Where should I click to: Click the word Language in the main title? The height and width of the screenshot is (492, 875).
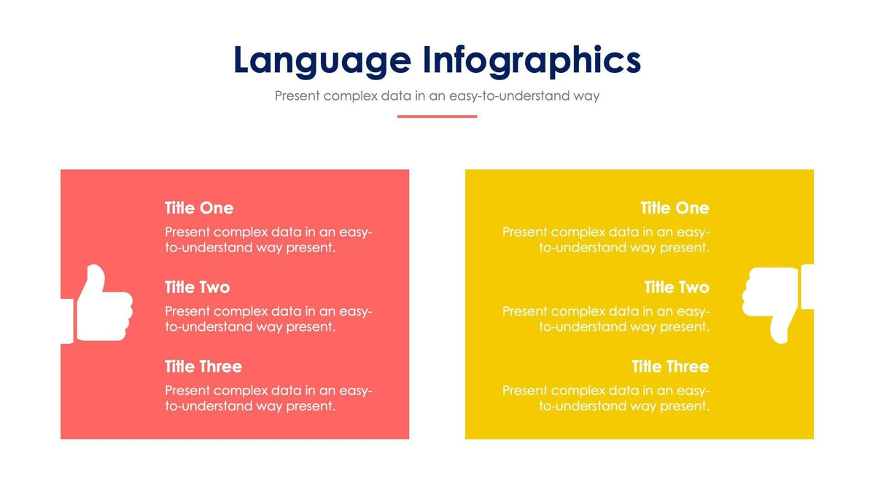pyautogui.click(x=322, y=60)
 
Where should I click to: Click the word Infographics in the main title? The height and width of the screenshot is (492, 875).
pyautogui.click(x=532, y=60)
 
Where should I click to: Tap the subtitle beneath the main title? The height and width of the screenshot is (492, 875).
pyautogui.click(x=437, y=95)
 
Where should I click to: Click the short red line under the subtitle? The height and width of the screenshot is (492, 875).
pyautogui.click(x=437, y=116)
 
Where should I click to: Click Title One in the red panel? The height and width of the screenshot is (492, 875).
pyautogui.click(x=199, y=208)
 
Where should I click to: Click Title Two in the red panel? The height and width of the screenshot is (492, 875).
pyautogui.click(x=197, y=287)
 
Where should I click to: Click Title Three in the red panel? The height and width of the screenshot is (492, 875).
pyautogui.click(x=203, y=367)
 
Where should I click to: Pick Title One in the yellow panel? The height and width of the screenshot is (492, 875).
pyautogui.click(x=674, y=208)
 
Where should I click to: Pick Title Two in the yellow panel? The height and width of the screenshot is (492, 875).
pyautogui.click(x=677, y=287)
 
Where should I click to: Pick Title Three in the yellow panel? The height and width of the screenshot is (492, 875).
pyautogui.click(x=670, y=367)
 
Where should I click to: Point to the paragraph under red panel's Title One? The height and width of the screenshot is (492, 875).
pyautogui.click(x=268, y=240)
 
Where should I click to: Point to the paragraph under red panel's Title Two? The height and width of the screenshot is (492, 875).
pyautogui.click(x=268, y=319)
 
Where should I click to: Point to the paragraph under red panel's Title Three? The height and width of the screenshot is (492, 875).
pyautogui.click(x=268, y=398)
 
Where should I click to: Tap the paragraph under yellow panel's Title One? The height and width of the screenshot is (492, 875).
pyautogui.click(x=606, y=240)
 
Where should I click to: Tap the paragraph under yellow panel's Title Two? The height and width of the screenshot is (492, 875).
pyautogui.click(x=606, y=319)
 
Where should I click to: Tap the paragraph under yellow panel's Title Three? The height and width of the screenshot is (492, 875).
pyautogui.click(x=606, y=398)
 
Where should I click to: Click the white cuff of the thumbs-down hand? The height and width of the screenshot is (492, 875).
pyautogui.click(x=807, y=286)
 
